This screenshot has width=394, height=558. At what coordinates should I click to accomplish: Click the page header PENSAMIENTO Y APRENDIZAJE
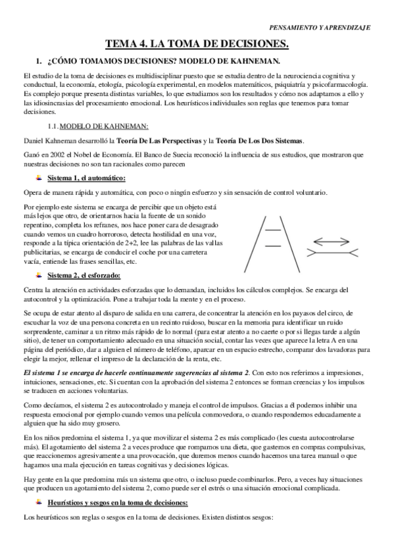[x=320, y=28]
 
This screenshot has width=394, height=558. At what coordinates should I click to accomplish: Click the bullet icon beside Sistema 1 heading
[x=41, y=178]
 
